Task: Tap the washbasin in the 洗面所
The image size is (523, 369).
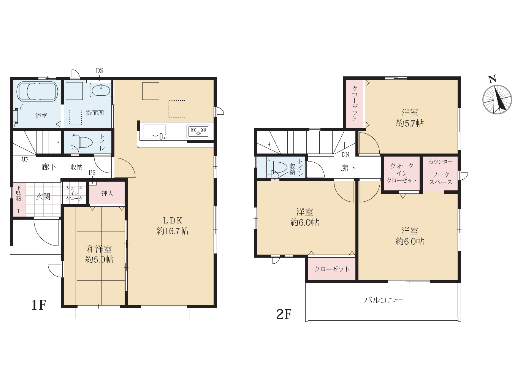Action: pyautogui.click(x=101, y=90)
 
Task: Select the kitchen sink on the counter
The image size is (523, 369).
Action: pyautogui.click(x=155, y=132)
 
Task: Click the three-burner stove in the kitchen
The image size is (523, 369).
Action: pyautogui.click(x=198, y=131)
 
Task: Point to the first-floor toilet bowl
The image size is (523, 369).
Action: pyautogui.click(x=83, y=142)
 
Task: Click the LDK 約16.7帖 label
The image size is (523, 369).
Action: pyautogui.click(x=172, y=225)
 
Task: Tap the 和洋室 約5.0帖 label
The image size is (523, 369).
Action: pyautogui.click(x=99, y=254)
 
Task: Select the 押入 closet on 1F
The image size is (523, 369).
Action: pyautogui.click(x=107, y=193)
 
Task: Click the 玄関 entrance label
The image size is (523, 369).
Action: pyautogui.click(x=43, y=196)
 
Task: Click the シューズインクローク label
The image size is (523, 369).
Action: pyautogui.click(x=74, y=193)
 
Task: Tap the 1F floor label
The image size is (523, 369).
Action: pyautogui.click(x=39, y=305)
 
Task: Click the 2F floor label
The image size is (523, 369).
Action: pyautogui.click(x=284, y=314)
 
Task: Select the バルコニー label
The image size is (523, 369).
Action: pyautogui.click(x=384, y=300)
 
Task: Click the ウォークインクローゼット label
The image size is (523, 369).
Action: pyautogui.click(x=402, y=173)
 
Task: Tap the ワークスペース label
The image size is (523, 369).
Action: pyautogui.click(x=441, y=178)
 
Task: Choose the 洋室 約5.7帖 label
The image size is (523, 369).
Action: pyautogui.click(x=410, y=118)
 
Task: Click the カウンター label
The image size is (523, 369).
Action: pyautogui.click(x=441, y=162)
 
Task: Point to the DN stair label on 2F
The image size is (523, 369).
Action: pyautogui.click(x=345, y=155)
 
